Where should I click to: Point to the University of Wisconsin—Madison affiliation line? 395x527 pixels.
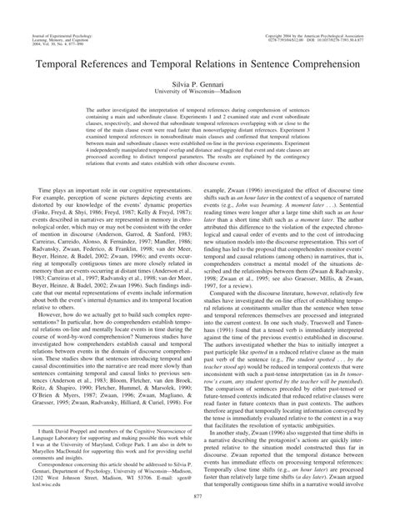[x=197, y=98]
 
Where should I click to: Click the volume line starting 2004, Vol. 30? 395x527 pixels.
[x=50, y=23]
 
